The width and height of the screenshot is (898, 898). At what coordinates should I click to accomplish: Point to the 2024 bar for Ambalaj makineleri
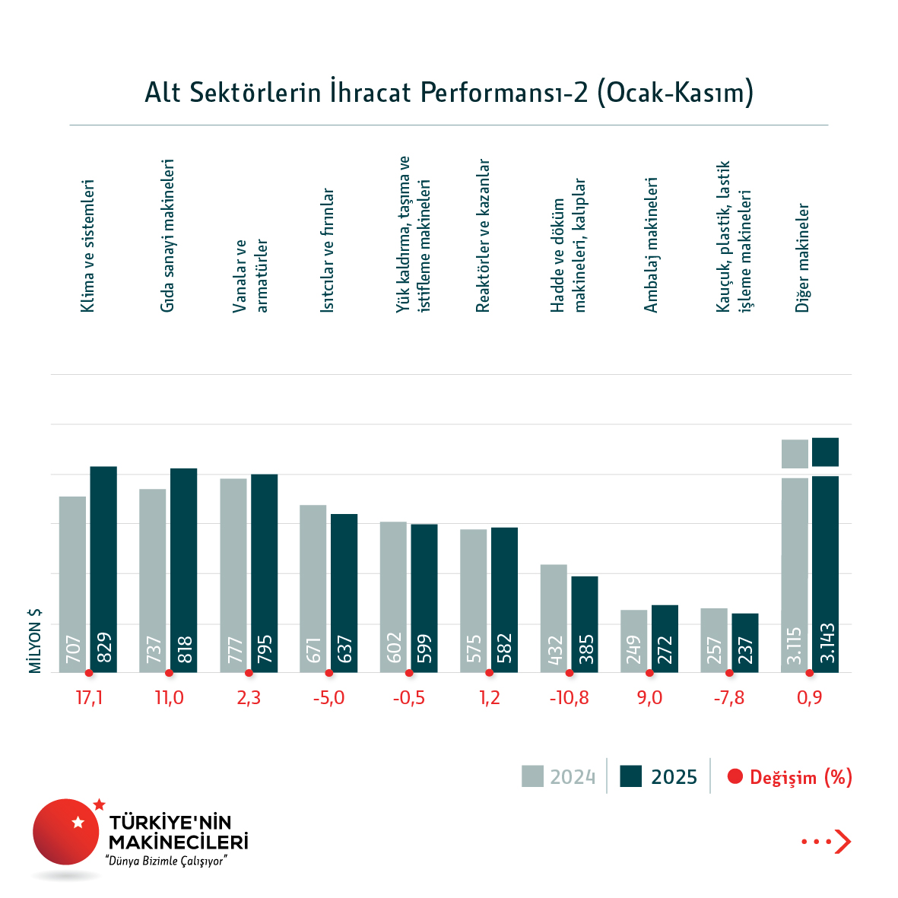[x=634, y=640]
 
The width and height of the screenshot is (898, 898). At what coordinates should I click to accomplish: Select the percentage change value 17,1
[x=89, y=697]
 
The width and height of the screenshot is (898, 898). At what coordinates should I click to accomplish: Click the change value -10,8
[x=569, y=697]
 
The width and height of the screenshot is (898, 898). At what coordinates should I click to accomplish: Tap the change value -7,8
[x=729, y=697]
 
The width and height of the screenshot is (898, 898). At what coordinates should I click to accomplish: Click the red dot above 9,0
[x=649, y=673]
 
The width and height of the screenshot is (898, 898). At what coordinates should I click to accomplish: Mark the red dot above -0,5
[x=409, y=673]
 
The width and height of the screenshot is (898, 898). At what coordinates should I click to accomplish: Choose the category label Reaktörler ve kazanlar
[x=483, y=236]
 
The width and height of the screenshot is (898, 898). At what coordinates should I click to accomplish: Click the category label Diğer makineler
[x=803, y=258]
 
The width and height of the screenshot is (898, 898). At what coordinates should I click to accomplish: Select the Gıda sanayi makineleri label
[x=168, y=236]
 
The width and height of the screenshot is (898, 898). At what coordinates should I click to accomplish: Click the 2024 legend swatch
[x=532, y=776]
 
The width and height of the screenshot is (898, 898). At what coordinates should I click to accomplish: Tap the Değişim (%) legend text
[x=801, y=777]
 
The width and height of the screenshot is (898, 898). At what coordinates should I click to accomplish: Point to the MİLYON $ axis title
[x=35, y=641]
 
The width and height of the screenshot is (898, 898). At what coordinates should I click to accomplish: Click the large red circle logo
[x=66, y=832]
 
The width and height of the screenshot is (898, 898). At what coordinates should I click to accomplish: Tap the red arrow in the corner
[x=842, y=841]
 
